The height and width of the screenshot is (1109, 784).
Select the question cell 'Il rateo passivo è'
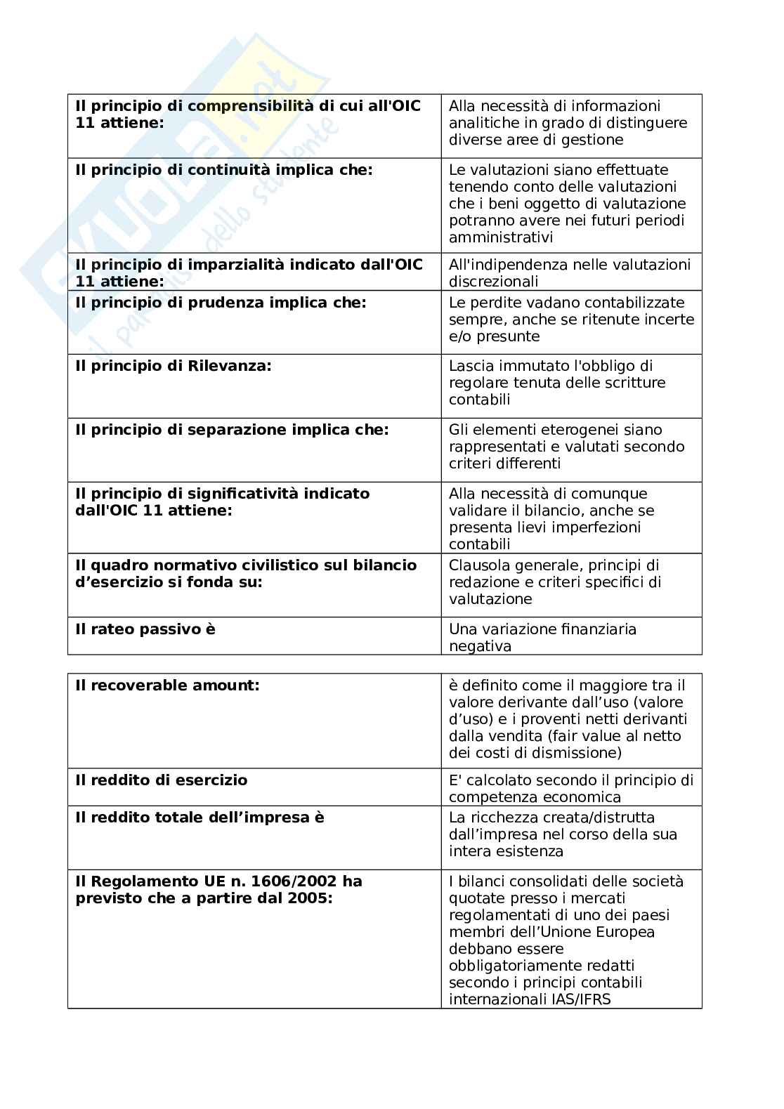(145, 629)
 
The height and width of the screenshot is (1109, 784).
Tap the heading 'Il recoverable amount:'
(167, 685)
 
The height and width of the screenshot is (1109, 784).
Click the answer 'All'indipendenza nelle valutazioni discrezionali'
(570, 273)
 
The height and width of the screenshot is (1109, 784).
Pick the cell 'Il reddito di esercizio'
(161, 780)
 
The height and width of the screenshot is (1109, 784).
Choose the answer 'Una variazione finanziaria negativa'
(542, 638)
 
